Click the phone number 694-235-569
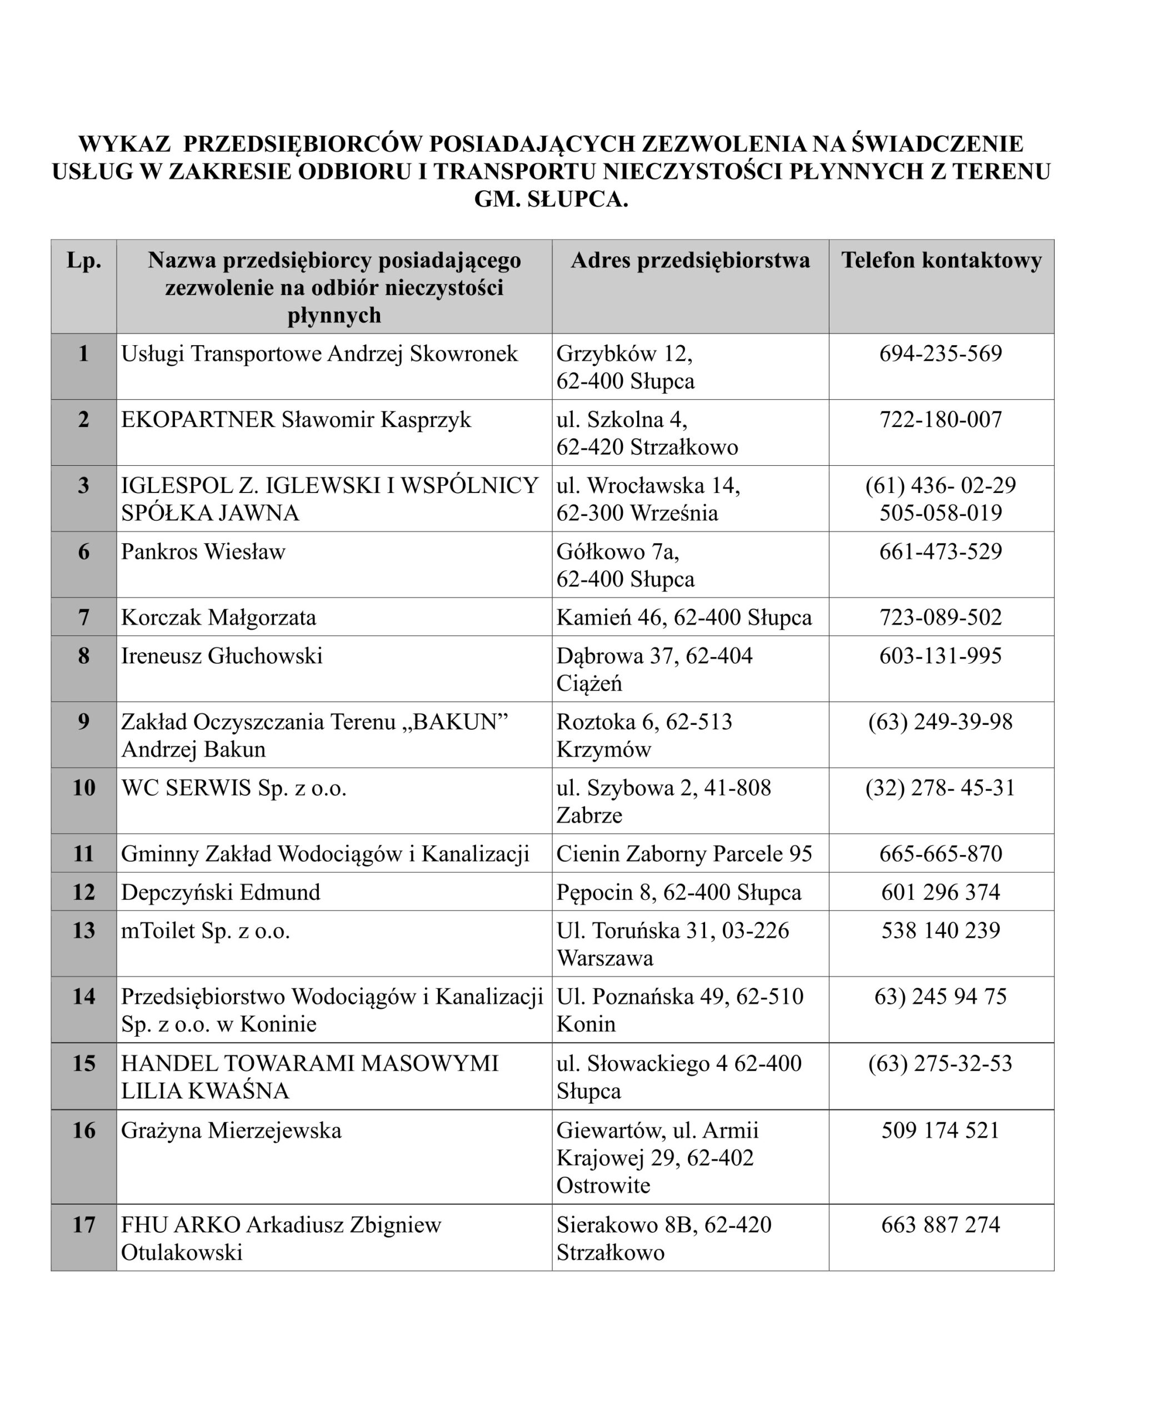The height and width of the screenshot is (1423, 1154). tap(940, 353)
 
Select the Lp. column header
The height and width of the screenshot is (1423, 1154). tap(84, 260)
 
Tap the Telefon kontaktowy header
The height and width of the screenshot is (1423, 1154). tap(941, 260)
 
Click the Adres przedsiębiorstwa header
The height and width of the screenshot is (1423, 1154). tap(690, 260)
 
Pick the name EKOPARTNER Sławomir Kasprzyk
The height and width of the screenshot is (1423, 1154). tap(296, 420)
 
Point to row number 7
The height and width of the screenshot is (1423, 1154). tap(84, 617)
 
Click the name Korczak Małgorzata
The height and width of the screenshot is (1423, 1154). tap(218, 617)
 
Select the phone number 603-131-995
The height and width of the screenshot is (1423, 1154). tap(940, 656)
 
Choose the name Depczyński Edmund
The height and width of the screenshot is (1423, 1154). tap(220, 892)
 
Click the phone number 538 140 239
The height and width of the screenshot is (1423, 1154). tap(940, 931)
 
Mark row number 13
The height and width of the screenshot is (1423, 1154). tap(84, 931)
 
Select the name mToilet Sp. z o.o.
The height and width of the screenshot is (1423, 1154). tap(206, 931)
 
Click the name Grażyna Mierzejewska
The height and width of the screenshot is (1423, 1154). tap(231, 1131)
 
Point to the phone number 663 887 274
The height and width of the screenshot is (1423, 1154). tap(940, 1225)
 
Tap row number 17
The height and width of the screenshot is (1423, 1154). tap(84, 1225)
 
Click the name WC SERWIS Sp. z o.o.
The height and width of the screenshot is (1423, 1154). tap(233, 788)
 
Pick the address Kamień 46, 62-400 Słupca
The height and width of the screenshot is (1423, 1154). tap(684, 617)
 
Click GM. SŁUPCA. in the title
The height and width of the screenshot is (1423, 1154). tap(551, 200)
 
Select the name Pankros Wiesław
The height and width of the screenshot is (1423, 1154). tap(203, 551)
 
